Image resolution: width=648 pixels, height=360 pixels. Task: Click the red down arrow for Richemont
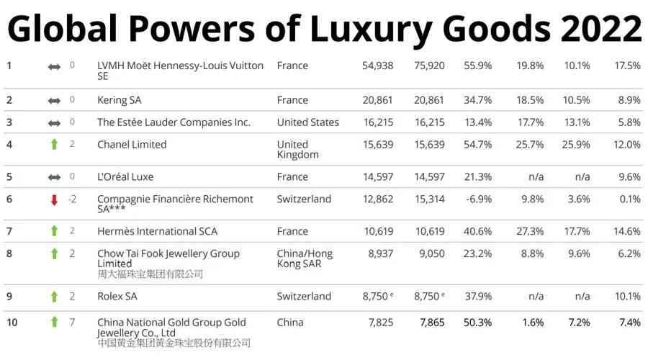(54, 199)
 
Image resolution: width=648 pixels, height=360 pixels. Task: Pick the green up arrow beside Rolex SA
(54, 297)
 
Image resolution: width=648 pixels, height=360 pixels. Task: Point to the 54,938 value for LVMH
(377, 66)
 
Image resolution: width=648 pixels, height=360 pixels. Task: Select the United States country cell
(307, 122)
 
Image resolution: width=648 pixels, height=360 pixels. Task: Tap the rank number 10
(12, 323)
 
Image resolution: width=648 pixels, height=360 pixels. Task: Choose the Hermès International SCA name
(157, 232)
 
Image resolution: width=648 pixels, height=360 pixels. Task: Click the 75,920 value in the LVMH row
(429, 66)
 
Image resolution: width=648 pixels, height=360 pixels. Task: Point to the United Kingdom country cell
(297, 150)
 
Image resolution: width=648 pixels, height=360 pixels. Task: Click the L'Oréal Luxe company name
(125, 177)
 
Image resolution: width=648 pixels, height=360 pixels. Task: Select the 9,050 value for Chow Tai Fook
(429, 254)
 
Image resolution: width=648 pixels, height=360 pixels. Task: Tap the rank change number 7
(72, 323)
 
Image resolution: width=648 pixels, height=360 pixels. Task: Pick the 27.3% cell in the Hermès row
(530, 232)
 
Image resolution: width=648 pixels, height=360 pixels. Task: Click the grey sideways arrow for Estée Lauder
(54, 122)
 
